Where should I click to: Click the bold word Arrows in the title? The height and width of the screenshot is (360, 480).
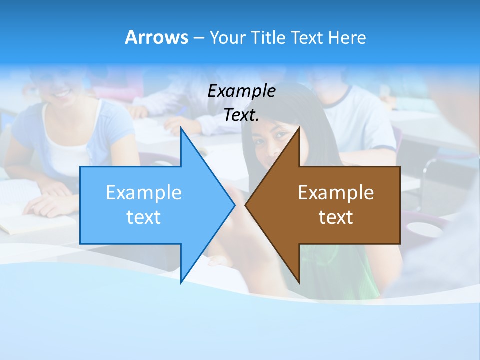(x=156, y=37)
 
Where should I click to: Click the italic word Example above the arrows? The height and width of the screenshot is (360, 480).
(x=242, y=91)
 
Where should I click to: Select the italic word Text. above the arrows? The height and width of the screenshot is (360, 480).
(x=242, y=115)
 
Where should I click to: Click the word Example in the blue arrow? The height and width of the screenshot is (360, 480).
(x=144, y=193)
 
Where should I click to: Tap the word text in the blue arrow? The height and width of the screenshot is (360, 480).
(x=144, y=217)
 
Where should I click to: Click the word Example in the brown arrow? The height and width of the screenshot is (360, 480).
(x=336, y=193)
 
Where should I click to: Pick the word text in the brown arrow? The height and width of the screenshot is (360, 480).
(x=336, y=217)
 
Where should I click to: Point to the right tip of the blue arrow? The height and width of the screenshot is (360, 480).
(x=234, y=205)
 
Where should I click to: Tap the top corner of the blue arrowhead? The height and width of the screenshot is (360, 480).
(x=181, y=128)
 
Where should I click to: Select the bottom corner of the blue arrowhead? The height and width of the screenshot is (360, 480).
(x=181, y=282)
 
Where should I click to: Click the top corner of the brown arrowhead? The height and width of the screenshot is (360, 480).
(x=299, y=128)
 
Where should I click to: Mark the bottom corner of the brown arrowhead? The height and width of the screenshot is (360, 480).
(x=299, y=282)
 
